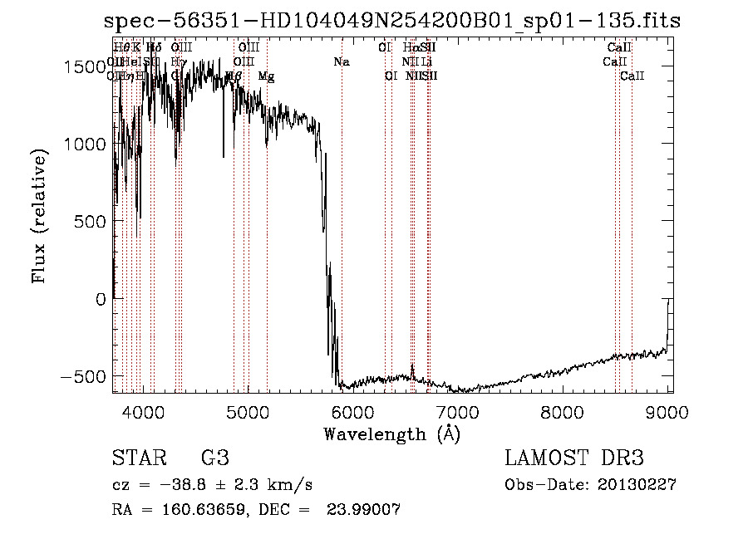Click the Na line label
click(342, 62)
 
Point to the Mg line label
click(266, 76)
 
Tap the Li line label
click(426, 62)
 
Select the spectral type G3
click(214, 458)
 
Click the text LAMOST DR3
click(574, 458)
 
